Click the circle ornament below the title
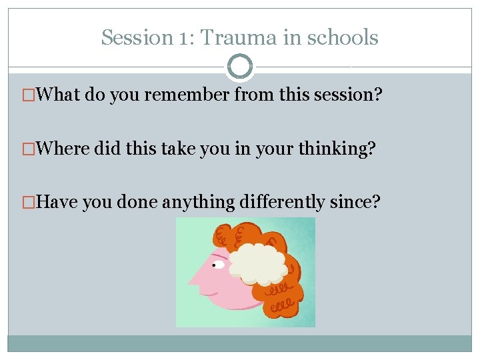pyautogui.click(x=240, y=67)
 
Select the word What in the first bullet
pyautogui.click(x=59, y=95)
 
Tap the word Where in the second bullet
pyautogui.click(x=63, y=149)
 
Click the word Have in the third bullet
pyautogui.click(x=58, y=201)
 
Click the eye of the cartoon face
pyautogui.click(x=217, y=265)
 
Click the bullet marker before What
pyautogui.click(x=27, y=95)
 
